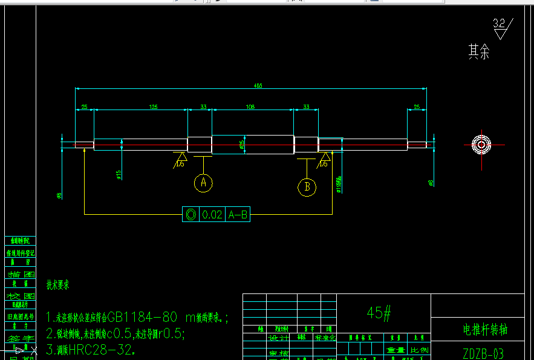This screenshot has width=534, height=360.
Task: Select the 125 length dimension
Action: click(153, 106)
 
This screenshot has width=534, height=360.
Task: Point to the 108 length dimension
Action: click(250, 106)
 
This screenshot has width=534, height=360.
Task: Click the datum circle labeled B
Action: click(307, 186)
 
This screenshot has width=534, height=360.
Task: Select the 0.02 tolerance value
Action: click(212, 214)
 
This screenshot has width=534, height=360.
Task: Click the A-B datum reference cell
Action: click(238, 214)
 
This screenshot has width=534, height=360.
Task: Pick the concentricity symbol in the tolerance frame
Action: click(190, 214)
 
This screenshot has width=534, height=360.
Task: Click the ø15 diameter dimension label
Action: click(119, 175)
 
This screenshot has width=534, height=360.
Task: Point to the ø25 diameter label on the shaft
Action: click(242, 145)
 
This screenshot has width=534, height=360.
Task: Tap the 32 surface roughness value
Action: click(499, 24)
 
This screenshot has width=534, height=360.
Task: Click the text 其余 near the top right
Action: click(478, 52)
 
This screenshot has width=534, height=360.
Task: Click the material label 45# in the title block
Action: click(380, 312)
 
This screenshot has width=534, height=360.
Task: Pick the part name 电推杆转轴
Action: click(485, 330)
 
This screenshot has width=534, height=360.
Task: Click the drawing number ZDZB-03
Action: click(483, 353)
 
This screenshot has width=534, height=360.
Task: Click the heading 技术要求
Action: click(58, 284)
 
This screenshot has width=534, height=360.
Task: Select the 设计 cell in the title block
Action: click(279, 338)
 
